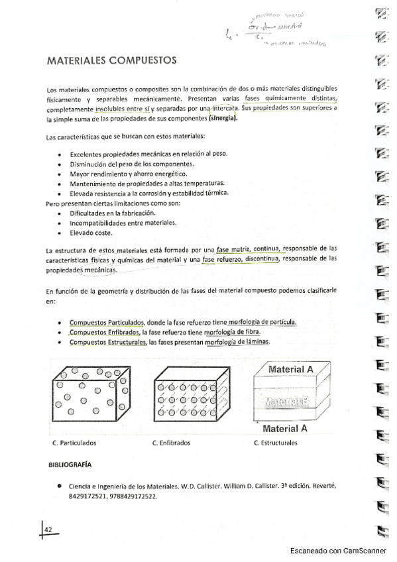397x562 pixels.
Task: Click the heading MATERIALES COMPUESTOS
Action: pos(111,60)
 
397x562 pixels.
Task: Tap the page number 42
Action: pos(48,529)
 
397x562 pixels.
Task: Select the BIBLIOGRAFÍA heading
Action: pos(70,464)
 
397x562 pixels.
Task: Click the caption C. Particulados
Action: pos(74,443)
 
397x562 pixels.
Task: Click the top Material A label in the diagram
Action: pos(291,369)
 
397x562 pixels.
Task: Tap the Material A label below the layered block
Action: pos(289,428)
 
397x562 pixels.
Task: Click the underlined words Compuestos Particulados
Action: pos(102,322)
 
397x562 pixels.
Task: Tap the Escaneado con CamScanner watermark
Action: pos(341,551)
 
